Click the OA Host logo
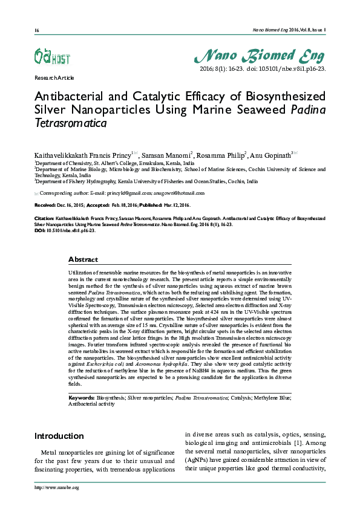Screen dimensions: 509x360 pos(51,58)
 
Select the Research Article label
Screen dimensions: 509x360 pos(54,78)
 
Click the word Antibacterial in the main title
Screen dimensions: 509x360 pos(72,97)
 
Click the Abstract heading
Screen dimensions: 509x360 pos(83,259)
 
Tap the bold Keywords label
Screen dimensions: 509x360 pos(81,398)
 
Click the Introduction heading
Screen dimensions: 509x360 pos(59,436)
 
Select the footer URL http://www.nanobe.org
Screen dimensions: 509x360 pos(57,488)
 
